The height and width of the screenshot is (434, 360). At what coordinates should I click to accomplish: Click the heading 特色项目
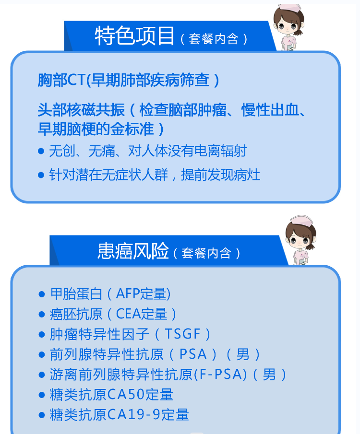[135, 35]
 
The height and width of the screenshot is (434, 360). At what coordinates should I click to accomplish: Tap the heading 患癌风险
[133, 251]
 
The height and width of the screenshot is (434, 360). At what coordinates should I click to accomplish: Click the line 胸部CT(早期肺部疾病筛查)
[128, 80]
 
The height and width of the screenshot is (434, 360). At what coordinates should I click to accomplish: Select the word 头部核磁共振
[82, 110]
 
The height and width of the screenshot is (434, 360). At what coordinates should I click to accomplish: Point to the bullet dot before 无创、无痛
[41, 151]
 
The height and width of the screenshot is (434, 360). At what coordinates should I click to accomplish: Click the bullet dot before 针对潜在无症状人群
[41, 175]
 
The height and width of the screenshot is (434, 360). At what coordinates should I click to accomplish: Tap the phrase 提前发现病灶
[221, 175]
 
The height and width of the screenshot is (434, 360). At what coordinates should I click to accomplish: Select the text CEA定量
[141, 314]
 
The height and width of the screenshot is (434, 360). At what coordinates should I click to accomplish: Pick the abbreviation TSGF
[182, 334]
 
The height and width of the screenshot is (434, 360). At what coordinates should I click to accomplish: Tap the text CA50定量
[140, 394]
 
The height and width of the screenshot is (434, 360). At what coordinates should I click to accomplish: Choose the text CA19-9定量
[148, 415]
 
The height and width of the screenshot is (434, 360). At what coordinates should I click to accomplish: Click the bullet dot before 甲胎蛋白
[42, 294]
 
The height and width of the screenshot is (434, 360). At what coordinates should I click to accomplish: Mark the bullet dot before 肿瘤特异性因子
[42, 334]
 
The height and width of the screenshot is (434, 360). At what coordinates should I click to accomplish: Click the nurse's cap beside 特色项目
[289, 8]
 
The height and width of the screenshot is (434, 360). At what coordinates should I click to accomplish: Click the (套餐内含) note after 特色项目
[214, 39]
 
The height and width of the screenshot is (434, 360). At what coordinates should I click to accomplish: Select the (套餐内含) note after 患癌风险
[206, 253]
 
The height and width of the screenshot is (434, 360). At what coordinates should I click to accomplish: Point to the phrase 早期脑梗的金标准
[96, 129]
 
